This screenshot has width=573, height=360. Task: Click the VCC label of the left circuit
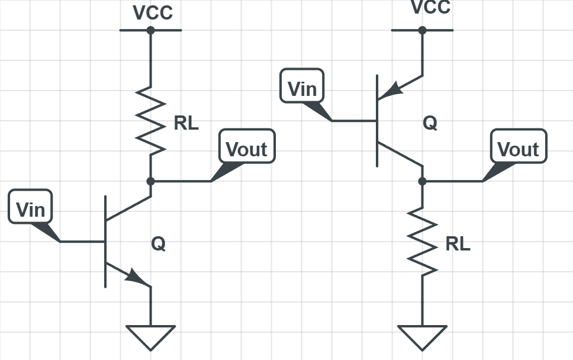pyautogui.click(x=153, y=13)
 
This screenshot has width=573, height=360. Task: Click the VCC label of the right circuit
pyautogui.click(x=430, y=7)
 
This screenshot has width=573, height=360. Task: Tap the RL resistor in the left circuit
pyautogui.click(x=150, y=122)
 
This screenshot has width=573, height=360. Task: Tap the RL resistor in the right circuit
pyautogui.click(x=422, y=241)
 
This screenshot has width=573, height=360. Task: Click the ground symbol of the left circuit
pyautogui.click(x=150, y=336)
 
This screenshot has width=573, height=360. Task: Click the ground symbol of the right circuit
pyautogui.click(x=422, y=336)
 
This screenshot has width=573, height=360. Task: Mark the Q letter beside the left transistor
pyautogui.click(x=158, y=243)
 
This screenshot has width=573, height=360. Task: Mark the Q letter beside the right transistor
pyautogui.click(x=430, y=123)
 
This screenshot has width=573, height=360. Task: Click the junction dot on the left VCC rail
pyautogui.click(x=150, y=30)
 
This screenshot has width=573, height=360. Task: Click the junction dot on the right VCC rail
pyautogui.click(x=422, y=30)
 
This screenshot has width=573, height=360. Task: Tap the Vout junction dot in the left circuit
pyautogui.click(x=150, y=181)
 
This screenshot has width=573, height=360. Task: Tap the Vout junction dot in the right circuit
pyautogui.click(x=422, y=181)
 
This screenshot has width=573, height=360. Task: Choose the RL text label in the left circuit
pyautogui.click(x=186, y=123)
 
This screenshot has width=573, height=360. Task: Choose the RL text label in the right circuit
pyautogui.click(x=458, y=244)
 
